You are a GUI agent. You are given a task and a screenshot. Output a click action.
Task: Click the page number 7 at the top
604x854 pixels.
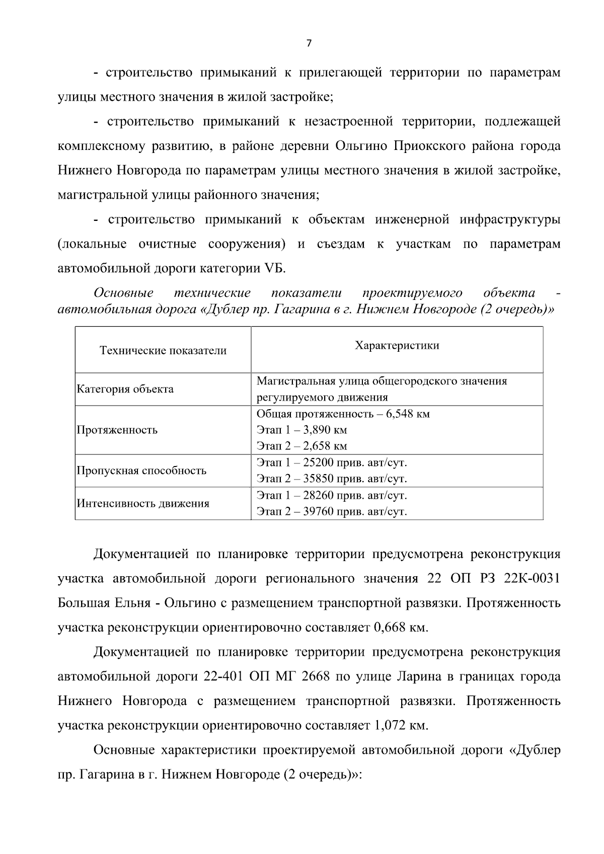309,43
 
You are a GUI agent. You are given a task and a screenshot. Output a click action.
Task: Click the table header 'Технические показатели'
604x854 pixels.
163,351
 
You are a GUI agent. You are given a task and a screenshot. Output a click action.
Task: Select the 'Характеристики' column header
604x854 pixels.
397,345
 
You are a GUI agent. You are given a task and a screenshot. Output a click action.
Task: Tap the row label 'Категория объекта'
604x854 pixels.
125,389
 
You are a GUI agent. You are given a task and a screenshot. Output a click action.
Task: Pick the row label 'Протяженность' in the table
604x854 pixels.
117,430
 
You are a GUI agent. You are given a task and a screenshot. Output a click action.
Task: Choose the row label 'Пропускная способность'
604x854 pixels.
141,471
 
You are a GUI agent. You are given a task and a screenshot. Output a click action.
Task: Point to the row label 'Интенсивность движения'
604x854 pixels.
143,503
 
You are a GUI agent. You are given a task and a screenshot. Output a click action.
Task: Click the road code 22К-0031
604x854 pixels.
532,579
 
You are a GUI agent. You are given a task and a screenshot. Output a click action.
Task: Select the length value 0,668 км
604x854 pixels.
401,628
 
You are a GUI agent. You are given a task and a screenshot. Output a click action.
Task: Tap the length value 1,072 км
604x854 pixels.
401,726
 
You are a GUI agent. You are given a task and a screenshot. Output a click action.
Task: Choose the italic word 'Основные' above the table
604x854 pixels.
124,293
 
